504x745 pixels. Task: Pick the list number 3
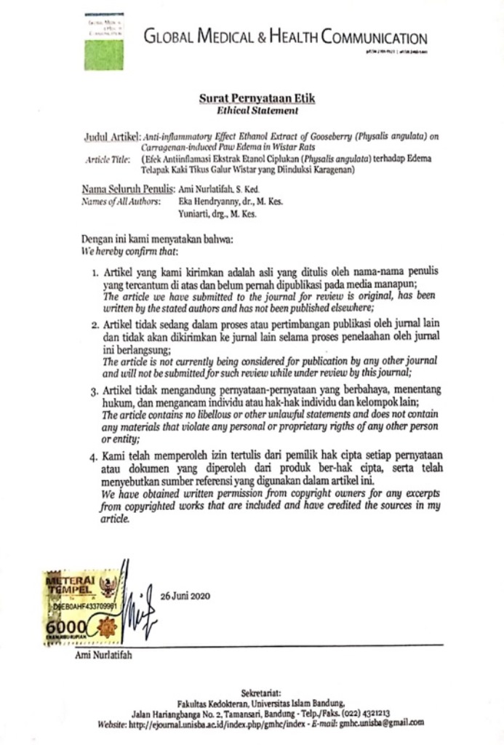[95, 391]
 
